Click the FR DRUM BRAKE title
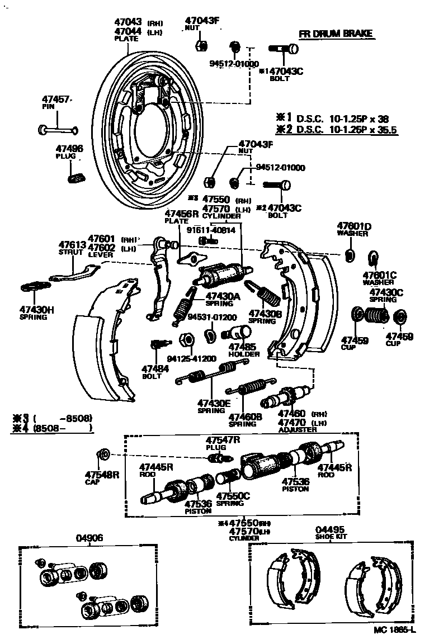(343, 34)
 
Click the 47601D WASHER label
(354, 229)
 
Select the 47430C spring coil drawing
(375, 316)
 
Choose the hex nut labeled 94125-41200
(186, 339)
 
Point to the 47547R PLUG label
(223, 443)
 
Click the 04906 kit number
(89, 538)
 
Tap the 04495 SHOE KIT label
(330, 532)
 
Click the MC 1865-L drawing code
(395, 630)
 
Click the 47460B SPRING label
(242, 419)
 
